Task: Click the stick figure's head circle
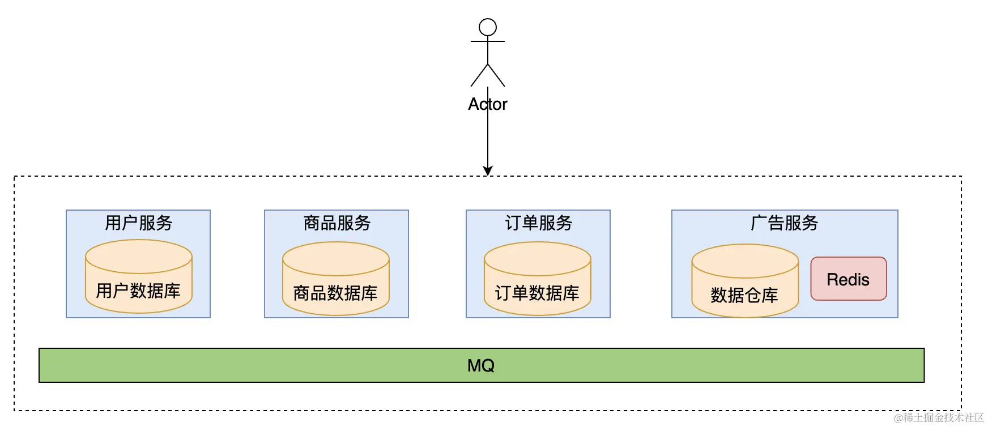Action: pos(487,27)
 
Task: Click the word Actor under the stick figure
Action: pos(487,104)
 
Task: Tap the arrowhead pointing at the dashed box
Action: pos(487,170)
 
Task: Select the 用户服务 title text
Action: pos(138,223)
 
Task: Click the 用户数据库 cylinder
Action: pos(138,276)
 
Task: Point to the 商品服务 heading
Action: pos(337,223)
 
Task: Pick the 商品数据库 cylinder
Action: pos(335,279)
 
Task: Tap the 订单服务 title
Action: pos(538,223)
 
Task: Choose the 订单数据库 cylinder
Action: pos(537,279)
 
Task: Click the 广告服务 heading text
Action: pos(784,223)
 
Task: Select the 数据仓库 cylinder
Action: pos(744,281)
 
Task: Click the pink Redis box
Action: pos(848,279)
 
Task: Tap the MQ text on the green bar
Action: pos(481,366)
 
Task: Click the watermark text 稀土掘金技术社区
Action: pos(943,418)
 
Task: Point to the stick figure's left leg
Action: pos(479,75)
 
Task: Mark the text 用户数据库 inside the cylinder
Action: pos(138,291)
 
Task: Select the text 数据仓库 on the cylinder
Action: pos(744,296)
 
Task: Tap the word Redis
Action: pos(848,280)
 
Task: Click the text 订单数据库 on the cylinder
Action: pos(537,293)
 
